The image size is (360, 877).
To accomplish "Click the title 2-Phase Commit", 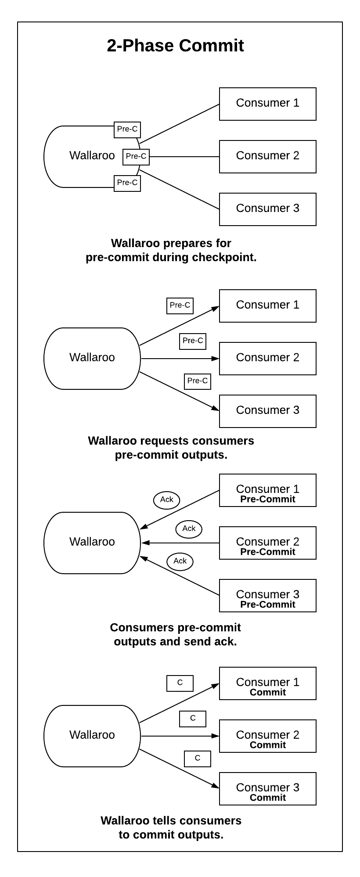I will (175, 46).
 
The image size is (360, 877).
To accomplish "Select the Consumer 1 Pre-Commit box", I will (267, 490).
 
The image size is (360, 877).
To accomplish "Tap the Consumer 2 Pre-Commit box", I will (267, 543).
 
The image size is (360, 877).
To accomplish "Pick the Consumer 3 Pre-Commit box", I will (267, 596).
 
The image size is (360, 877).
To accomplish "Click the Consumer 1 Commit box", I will (267, 683).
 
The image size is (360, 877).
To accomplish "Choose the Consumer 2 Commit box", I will (267, 736).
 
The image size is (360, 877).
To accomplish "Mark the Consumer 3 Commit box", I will (267, 789).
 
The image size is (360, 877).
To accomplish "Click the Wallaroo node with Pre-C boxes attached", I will (88, 156).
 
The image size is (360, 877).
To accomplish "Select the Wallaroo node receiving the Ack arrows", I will (92, 543).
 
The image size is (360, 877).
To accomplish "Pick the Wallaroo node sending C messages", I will (92, 736).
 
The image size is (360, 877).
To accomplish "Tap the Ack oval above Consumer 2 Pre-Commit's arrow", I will (189, 528).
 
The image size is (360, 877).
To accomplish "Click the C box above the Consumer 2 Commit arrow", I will (193, 719).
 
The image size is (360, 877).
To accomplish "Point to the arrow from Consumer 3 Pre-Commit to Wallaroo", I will (180, 576).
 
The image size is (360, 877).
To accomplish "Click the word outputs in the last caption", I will (201, 834).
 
